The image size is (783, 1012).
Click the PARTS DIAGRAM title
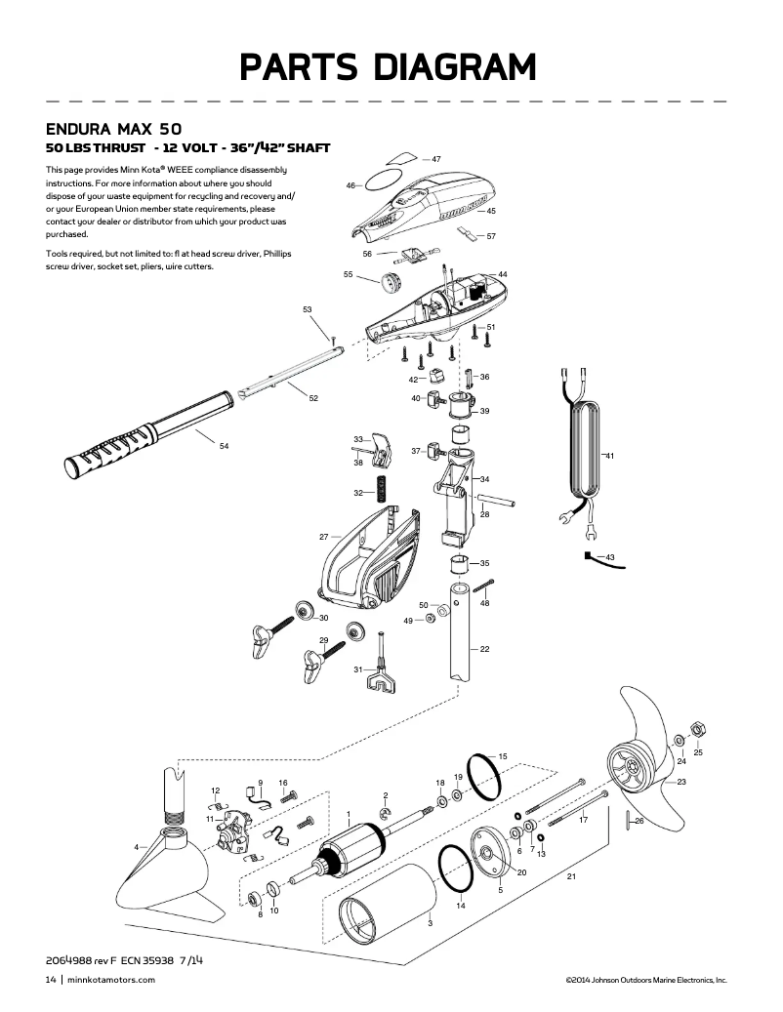(390, 67)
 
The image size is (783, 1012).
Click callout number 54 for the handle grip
(224, 446)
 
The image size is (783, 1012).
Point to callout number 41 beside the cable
(609, 456)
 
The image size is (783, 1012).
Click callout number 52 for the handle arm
(313, 398)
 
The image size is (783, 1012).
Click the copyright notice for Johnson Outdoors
(645, 979)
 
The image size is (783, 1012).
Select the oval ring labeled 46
(381, 182)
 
